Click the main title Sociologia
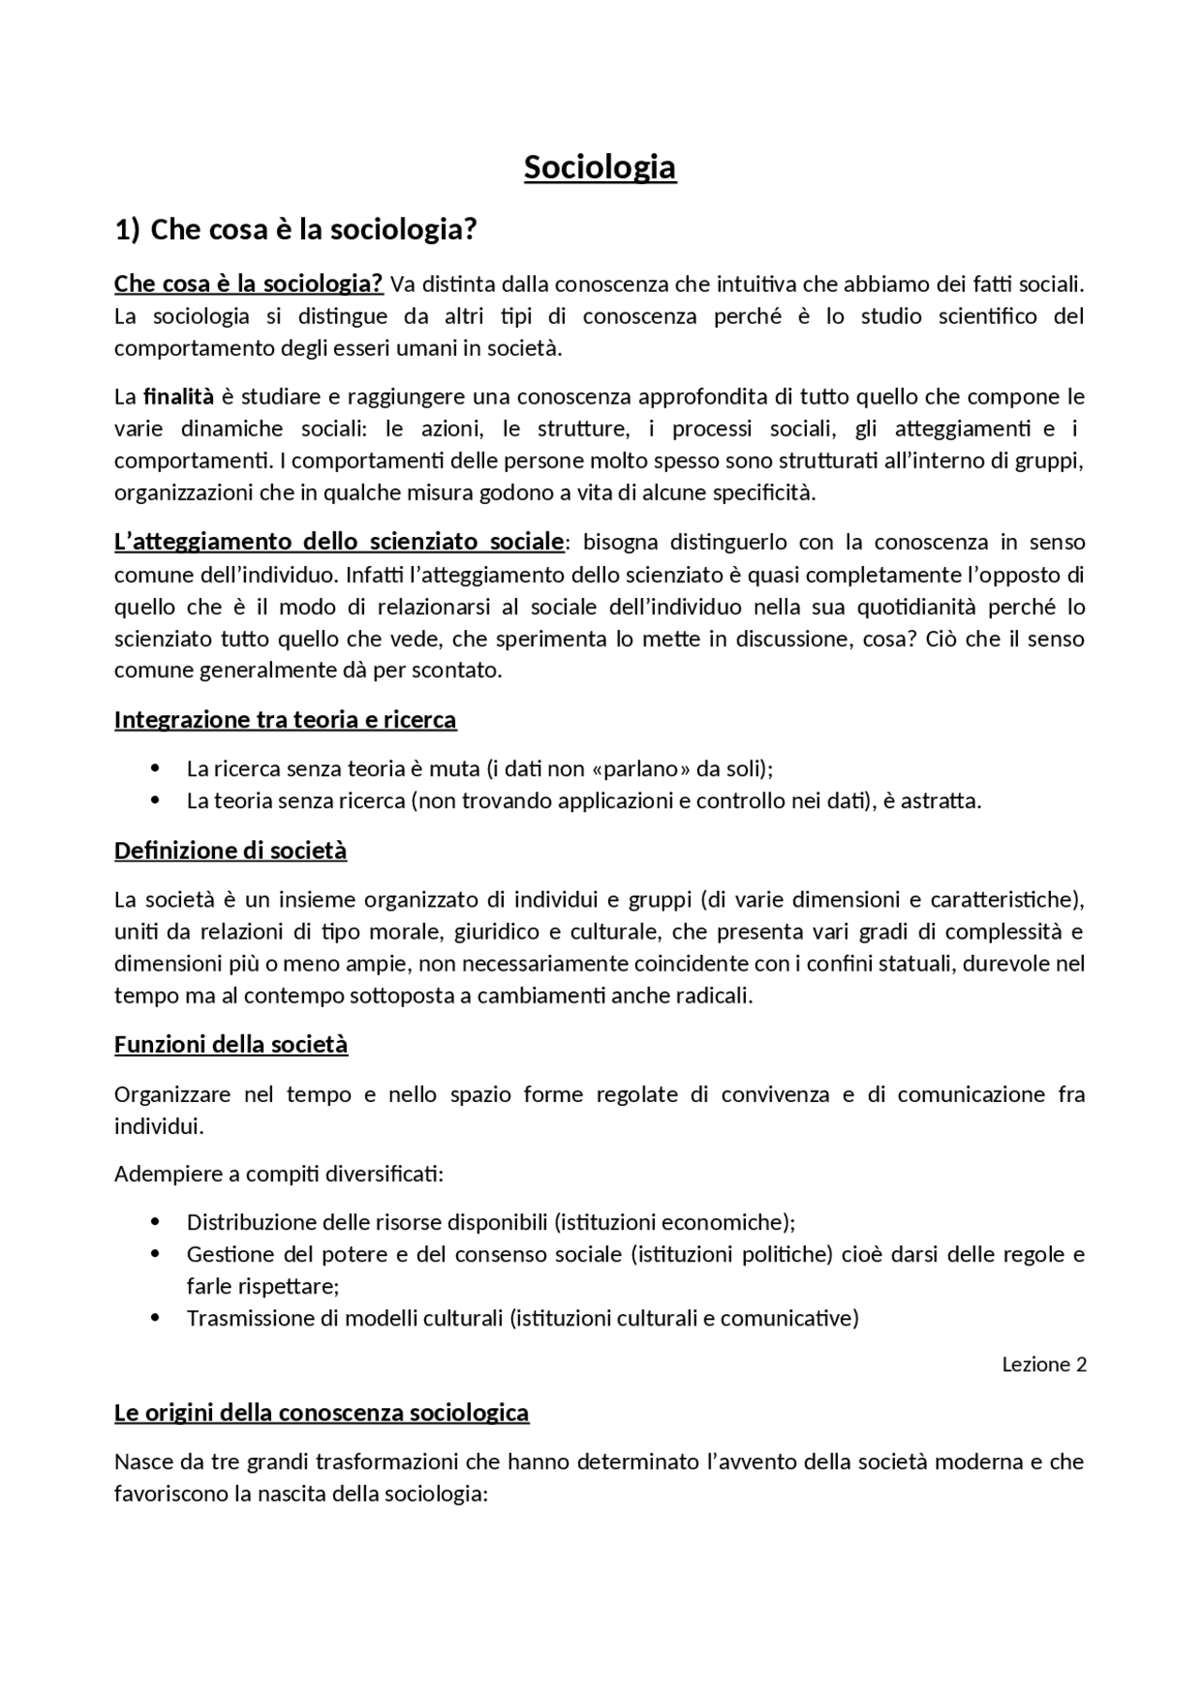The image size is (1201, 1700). pos(600,167)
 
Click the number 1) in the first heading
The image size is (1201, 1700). pos(127,229)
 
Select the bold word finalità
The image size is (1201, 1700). pos(178,396)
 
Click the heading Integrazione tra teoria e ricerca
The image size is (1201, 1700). pos(285,720)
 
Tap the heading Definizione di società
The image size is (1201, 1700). pos(230,850)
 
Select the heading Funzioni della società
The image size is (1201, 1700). pos(231,1045)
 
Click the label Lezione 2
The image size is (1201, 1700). pos(1043,1364)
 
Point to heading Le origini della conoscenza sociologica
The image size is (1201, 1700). pos(321,1413)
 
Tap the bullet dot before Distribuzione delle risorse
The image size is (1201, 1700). pos(156,1222)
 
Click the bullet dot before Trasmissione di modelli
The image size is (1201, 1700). pos(156,1318)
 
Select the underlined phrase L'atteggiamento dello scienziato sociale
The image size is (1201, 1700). pos(339,542)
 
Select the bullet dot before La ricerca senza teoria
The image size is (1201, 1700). pos(156,769)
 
